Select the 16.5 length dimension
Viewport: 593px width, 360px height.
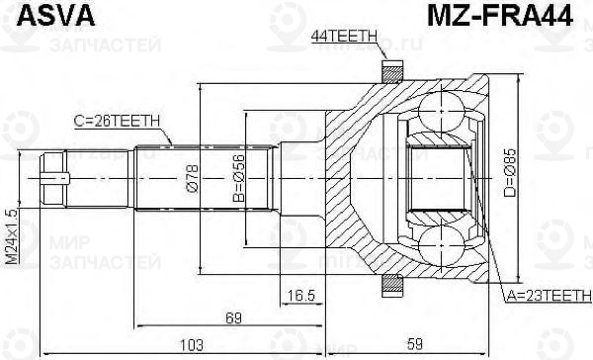[x=300, y=295]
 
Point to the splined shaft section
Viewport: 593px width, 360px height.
[x=158, y=179]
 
